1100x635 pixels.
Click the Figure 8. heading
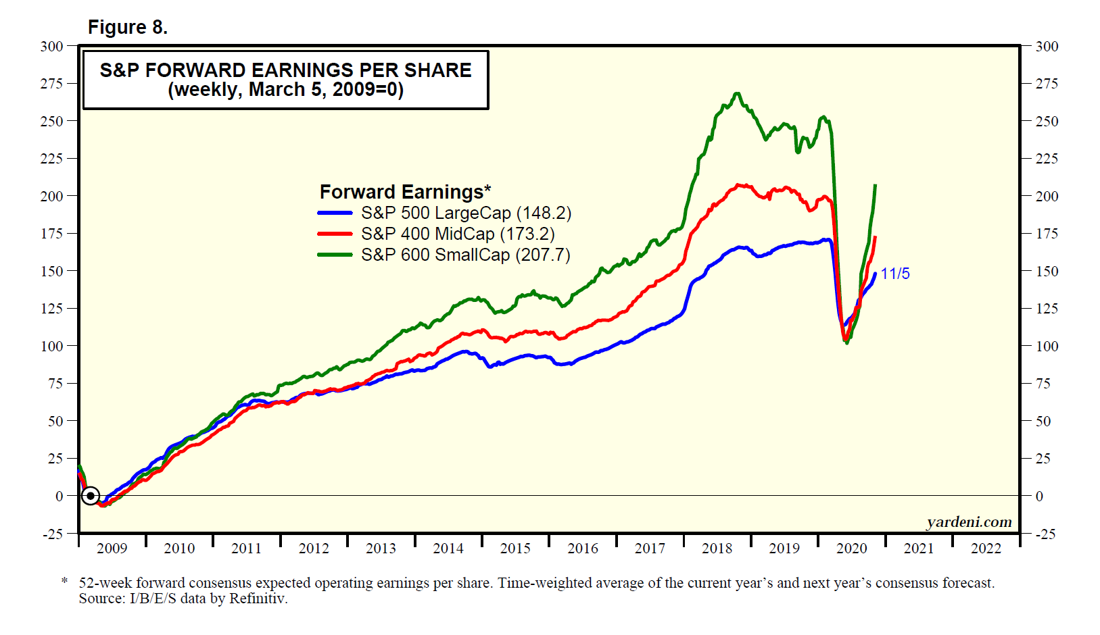click(x=128, y=27)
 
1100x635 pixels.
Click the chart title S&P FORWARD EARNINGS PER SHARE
click(x=285, y=70)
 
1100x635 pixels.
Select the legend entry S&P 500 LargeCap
click(x=466, y=213)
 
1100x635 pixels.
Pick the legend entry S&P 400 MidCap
click(x=458, y=234)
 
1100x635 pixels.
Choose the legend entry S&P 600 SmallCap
click(x=465, y=255)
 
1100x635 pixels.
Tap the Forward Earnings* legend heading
click(x=405, y=193)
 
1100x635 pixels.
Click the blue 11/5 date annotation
click(x=894, y=274)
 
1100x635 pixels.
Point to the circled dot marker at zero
click(x=91, y=496)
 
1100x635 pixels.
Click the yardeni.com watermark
click(x=969, y=522)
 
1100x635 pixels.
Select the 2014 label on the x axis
click(x=448, y=549)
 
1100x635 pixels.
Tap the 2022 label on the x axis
click(x=986, y=549)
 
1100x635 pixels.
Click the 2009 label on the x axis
click(x=112, y=549)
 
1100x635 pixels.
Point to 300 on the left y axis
click(x=51, y=47)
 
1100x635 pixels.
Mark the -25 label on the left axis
click(x=53, y=534)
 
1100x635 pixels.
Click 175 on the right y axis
click(x=1047, y=234)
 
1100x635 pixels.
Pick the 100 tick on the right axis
click(x=1047, y=347)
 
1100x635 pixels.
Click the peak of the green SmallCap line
click(x=737, y=94)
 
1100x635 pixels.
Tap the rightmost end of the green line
click(x=876, y=185)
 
